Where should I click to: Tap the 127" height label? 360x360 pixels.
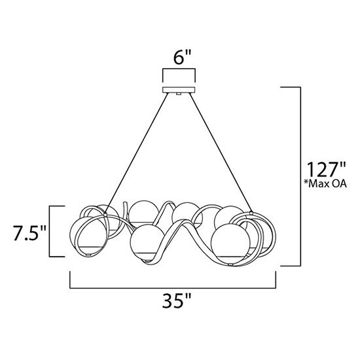coord(327,170)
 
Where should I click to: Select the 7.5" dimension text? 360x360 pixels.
coord(29,233)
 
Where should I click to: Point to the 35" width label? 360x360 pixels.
coord(177,300)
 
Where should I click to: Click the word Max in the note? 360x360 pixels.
coord(319,184)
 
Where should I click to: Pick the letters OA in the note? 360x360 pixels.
coord(340,184)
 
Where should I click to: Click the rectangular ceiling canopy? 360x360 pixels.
coord(179,90)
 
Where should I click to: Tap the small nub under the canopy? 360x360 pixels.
coord(179,94)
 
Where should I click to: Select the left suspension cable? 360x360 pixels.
coord(137,153)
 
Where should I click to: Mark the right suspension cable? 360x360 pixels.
coord(220,153)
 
